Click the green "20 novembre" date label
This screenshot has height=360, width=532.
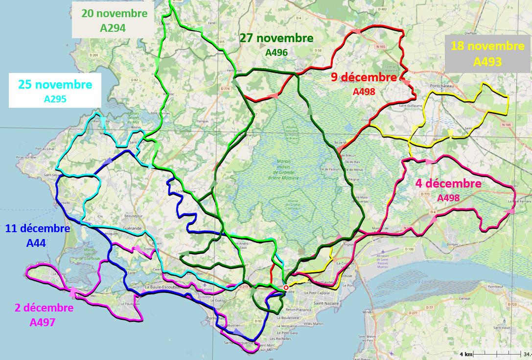pos(114,14)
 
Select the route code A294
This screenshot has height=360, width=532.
pos(113,28)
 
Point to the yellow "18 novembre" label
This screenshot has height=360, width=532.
pos(487,47)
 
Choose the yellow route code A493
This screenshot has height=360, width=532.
pos(487,62)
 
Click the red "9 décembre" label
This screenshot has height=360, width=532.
pos(364,77)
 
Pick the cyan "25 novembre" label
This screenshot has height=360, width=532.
pos(55,85)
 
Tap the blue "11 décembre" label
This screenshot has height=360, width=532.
pos(37,228)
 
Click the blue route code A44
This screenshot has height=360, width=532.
pos(37,242)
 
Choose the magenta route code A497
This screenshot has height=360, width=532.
pos(43,322)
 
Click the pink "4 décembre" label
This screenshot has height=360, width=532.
pos(448,184)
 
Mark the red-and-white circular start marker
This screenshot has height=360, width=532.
pos(286,288)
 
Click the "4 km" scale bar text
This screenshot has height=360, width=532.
pos(465,354)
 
